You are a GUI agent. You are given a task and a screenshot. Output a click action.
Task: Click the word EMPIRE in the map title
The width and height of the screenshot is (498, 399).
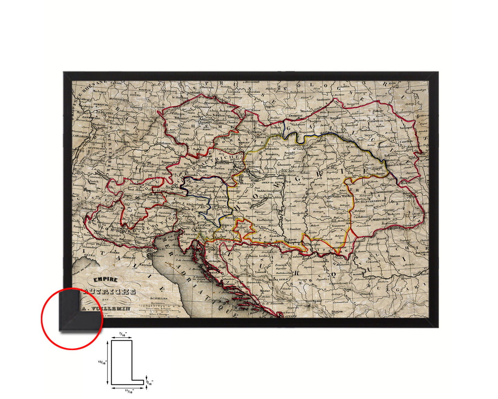click(x=107, y=280)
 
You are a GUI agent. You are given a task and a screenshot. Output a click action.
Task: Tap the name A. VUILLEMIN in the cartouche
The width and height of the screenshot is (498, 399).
click(x=106, y=308)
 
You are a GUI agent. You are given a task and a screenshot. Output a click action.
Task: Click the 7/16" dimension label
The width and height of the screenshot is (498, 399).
click(x=122, y=334)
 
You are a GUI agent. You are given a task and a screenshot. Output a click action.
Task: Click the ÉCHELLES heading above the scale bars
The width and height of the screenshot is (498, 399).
click(x=159, y=299)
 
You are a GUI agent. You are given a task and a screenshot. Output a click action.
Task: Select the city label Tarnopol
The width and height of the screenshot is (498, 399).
click(x=406, y=127)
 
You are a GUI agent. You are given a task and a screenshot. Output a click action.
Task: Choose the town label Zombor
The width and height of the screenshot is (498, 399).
click(x=295, y=229)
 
